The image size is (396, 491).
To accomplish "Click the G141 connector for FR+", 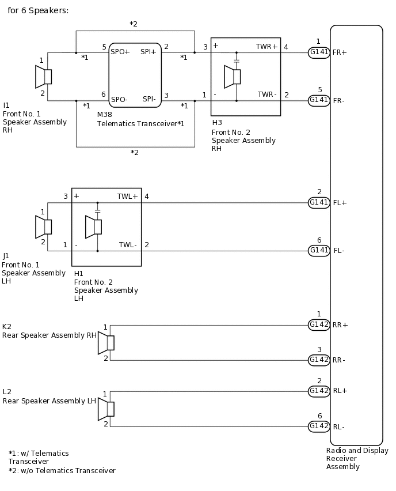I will coord(319,52).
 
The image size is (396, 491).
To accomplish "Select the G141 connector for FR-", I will coord(319,100).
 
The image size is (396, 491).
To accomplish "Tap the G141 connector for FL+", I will coord(319,202).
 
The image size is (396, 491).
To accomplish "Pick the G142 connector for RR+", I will coord(319,324).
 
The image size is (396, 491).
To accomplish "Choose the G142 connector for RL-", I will coord(319,426).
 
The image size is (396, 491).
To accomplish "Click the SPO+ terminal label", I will coord(120,52).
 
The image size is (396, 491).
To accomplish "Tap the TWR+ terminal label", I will coord(266,46).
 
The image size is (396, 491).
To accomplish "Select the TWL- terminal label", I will coord(128,245).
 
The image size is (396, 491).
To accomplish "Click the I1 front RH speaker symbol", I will coord(44,77).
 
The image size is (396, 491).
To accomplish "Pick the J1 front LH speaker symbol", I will coord(44,227).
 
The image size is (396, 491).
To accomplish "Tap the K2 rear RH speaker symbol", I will coord(106,343).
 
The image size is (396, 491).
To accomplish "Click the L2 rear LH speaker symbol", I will coord(106,409).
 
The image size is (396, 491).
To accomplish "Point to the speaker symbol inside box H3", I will coord(233,77).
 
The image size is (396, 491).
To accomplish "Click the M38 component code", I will coord(104,115).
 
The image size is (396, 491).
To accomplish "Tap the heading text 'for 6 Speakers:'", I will coord(38,10).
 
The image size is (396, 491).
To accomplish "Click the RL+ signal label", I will coord(340,391).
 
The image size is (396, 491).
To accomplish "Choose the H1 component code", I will coord(79,273).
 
